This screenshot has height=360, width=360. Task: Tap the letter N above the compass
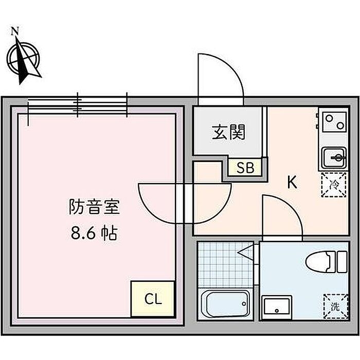pos(15,31)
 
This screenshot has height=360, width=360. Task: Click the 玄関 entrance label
pos(228,132)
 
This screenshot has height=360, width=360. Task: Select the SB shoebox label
pos(245,168)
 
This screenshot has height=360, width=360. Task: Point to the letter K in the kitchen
pos(292,182)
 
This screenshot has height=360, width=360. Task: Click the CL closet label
pos(153,299)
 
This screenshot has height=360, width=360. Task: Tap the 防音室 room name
pos(94,207)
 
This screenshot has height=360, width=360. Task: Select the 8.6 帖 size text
pos(94,233)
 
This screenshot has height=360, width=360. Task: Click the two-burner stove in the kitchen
pos(334,122)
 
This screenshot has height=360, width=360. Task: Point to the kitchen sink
pos(334,158)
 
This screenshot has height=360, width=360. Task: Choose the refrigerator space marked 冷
pos(334,185)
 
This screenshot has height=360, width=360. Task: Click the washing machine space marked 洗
pos(336,307)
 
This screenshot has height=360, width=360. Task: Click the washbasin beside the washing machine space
pos(277,307)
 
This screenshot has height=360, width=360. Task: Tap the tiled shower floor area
pos(225,264)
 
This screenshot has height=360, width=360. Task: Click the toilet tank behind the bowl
pos(342,262)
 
